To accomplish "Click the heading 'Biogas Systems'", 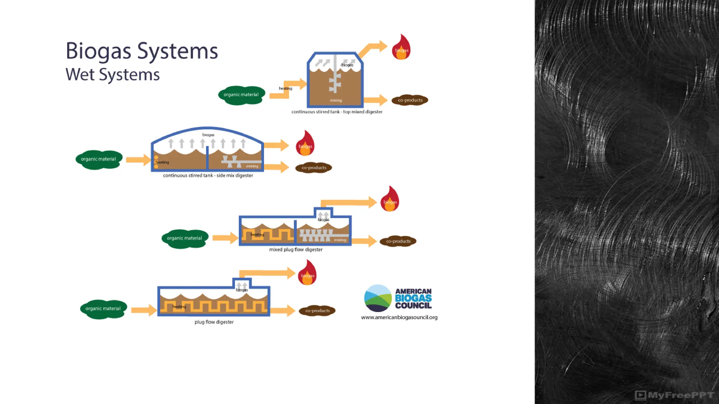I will [141, 51].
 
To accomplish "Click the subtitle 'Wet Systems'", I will [112, 75].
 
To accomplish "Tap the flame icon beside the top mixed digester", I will [401, 48].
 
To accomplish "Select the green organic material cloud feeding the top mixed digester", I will [241, 95].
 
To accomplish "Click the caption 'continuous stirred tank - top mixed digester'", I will [337, 112].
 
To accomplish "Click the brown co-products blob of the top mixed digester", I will [410, 100].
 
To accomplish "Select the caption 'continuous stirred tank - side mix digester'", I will [208, 175].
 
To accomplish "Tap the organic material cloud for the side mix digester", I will [99, 160].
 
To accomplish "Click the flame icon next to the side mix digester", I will [305, 144].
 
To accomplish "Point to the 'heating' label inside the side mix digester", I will [162, 162].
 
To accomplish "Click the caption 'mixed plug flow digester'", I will [296, 250].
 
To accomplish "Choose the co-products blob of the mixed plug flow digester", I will [398, 241].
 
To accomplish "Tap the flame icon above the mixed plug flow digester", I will [390, 200].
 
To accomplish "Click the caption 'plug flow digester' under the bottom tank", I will [214, 322].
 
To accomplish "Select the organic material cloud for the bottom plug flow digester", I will [103, 309].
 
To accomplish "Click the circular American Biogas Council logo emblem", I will [378, 298].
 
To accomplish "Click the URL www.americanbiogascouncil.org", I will [399, 317].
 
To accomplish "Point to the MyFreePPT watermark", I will [674, 395].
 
